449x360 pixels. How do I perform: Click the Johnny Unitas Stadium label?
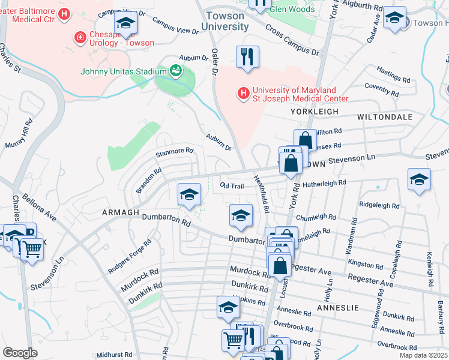(123, 72)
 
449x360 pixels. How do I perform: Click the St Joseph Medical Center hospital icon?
(243, 94)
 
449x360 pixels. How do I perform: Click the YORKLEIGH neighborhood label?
(315, 112)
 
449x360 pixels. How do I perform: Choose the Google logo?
(20, 353)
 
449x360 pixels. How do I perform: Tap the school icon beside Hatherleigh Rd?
(418, 179)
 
